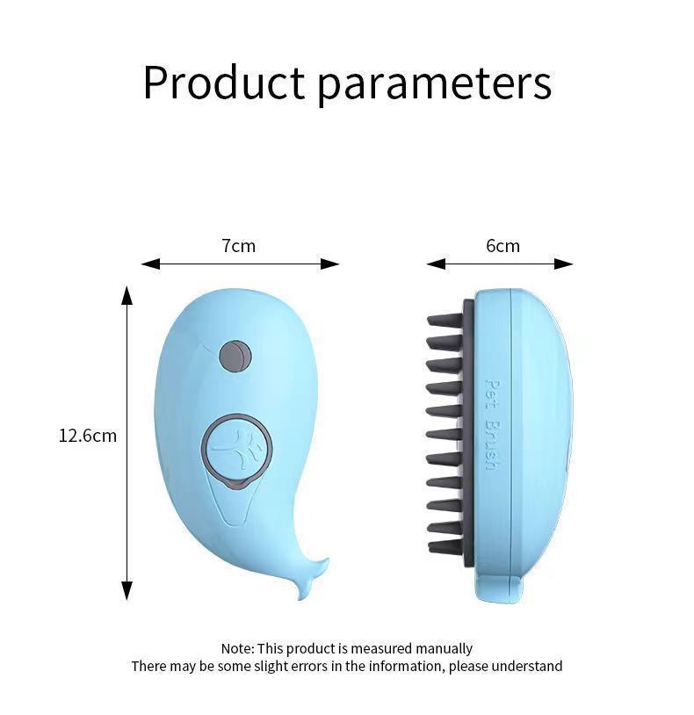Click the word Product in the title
click(224, 83)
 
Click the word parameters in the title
click(434, 84)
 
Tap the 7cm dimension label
click(239, 246)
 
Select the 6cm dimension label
click(502, 246)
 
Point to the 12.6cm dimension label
click(88, 435)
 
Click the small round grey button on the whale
click(235, 356)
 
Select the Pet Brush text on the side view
click(491, 423)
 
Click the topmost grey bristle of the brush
click(444, 320)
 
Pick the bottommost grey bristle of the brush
click(445, 547)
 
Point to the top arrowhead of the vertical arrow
click(127, 294)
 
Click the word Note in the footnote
click(236, 648)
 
